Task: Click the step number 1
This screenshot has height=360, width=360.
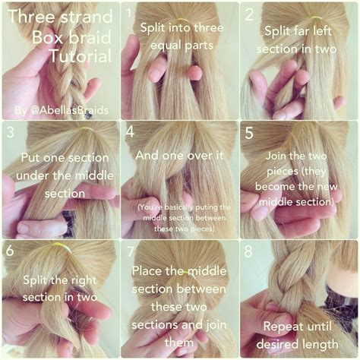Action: click(x=129, y=13)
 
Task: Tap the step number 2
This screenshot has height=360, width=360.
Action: click(x=249, y=13)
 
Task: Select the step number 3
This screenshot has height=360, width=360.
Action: click(x=10, y=132)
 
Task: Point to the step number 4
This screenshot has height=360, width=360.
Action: click(x=130, y=132)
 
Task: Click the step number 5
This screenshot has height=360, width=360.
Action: click(x=250, y=132)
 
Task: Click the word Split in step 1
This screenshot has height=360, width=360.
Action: click(x=152, y=27)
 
